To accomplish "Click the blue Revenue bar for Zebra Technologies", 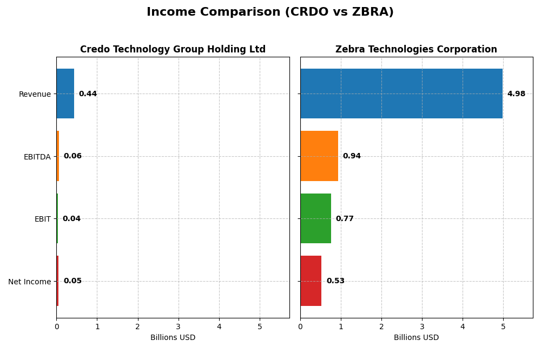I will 401,94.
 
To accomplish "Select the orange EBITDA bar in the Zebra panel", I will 319,156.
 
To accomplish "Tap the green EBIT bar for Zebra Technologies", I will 315,218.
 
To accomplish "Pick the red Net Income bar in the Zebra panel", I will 311,281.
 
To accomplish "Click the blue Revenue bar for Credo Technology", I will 65,94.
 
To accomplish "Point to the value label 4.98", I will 516,94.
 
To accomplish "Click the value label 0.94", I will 352,156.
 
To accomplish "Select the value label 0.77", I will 345,219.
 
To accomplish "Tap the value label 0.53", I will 335,281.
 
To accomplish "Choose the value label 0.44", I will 88,94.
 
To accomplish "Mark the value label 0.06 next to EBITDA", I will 72,156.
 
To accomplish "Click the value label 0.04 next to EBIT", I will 71,219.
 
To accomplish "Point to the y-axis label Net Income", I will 30,282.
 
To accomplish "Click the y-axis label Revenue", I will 35,94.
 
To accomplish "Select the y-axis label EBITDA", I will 37,157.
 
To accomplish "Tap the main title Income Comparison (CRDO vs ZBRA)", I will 270,12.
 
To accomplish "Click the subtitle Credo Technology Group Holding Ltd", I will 173,50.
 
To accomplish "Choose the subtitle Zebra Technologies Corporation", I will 416,50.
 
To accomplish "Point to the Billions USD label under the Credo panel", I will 173,338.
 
